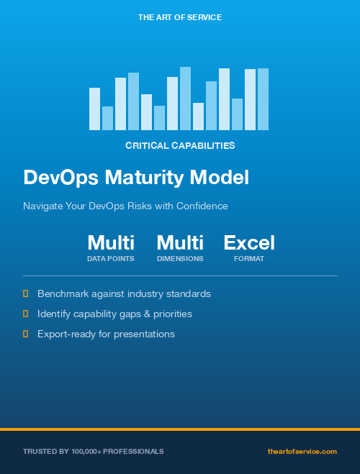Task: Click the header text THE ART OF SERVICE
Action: pyautogui.click(x=180, y=17)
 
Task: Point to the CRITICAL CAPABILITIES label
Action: pyautogui.click(x=180, y=145)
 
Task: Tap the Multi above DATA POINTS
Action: pyautogui.click(x=111, y=242)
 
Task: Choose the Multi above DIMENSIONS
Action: pyautogui.click(x=180, y=242)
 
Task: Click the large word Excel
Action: pyautogui.click(x=249, y=242)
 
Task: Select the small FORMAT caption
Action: pyautogui.click(x=249, y=258)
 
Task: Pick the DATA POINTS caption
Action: pyautogui.click(x=111, y=258)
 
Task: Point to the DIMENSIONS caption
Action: pyautogui.click(x=180, y=258)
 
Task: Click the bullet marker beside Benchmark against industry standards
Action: pyautogui.click(x=26, y=293)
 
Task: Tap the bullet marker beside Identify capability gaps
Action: pyautogui.click(x=26, y=314)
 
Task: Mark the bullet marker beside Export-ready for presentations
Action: pyautogui.click(x=26, y=334)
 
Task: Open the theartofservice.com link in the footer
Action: pyautogui.click(x=302, y=451)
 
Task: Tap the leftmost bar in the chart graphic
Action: pyautogui.click(x=94, y=109)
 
